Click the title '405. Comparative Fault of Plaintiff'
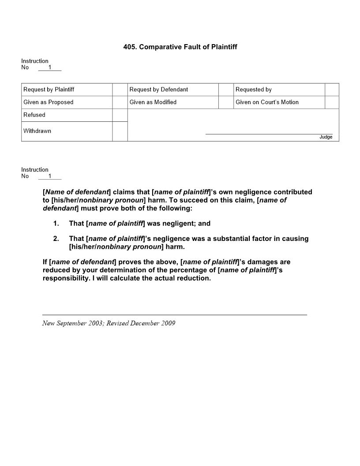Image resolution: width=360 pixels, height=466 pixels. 180,47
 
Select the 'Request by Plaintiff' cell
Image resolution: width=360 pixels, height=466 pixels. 49,90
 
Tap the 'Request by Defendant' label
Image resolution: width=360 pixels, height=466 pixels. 159,90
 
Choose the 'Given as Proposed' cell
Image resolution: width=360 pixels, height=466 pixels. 49,102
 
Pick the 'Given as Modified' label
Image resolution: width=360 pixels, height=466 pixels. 153,102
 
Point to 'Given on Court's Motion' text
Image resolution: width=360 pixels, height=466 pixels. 267,102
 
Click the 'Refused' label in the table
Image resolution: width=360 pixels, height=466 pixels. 34,115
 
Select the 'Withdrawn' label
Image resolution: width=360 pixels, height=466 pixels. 37,131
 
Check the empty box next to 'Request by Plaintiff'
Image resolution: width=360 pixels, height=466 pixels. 120,90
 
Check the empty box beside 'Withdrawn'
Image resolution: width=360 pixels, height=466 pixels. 120,132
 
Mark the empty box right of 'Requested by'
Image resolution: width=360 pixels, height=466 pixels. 332,90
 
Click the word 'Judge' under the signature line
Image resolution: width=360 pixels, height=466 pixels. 326,137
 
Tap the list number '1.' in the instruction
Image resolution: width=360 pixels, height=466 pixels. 56,224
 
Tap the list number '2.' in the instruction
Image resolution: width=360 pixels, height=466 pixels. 56,239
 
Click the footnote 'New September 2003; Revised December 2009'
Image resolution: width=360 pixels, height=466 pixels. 109,323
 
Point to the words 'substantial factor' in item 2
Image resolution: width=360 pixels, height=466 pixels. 241,239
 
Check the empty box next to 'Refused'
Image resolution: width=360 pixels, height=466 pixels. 120,115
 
